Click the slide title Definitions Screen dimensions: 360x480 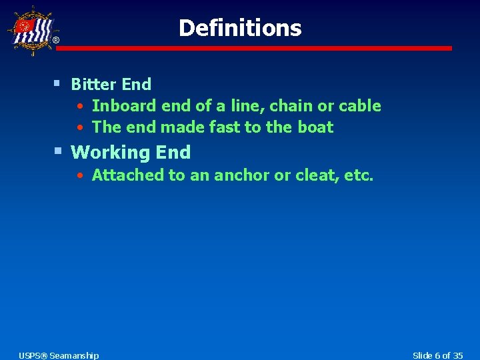[240, 28]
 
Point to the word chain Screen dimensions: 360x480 [291, 106]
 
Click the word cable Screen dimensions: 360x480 [359, 106]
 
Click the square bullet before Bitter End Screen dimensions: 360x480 [57, 83]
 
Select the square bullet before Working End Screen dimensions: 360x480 [57, 151]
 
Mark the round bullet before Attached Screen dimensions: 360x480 [79, 176]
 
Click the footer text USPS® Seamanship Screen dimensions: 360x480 [59, 355]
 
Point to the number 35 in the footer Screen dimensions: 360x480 [456, 355]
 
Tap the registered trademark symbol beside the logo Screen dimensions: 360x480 [55, 41]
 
